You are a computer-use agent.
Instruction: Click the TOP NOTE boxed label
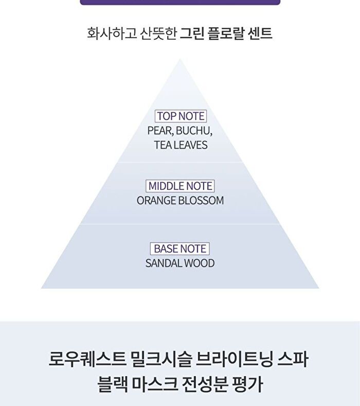pyautogui.click(x=181, y=116)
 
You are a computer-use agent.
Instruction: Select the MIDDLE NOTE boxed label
pyautogui.click(x=180, y=186)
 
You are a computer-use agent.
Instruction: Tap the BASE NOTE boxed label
pyautogui.click(x=180, y=249)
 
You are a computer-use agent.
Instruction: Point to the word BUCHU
pyautogui.click(x=194, y=131)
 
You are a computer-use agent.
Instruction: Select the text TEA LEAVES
pyautogui.click(x=181, y=145)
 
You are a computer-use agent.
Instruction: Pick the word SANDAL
pyautogui.click(x=163, y=263)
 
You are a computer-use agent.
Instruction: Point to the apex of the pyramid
pyautogui.click(x=180, y=59)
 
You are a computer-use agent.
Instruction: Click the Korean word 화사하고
pyautogui.click(x=112, y=33)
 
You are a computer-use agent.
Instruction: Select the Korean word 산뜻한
pyautogui.click(x=158, y=33)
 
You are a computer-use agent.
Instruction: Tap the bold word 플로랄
pyautogui.click(x=226, y=33)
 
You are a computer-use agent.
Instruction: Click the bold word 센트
pyautogui.click(x=260, y=33)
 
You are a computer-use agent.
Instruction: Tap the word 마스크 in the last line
pyautogui.click(x=155, y=384)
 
